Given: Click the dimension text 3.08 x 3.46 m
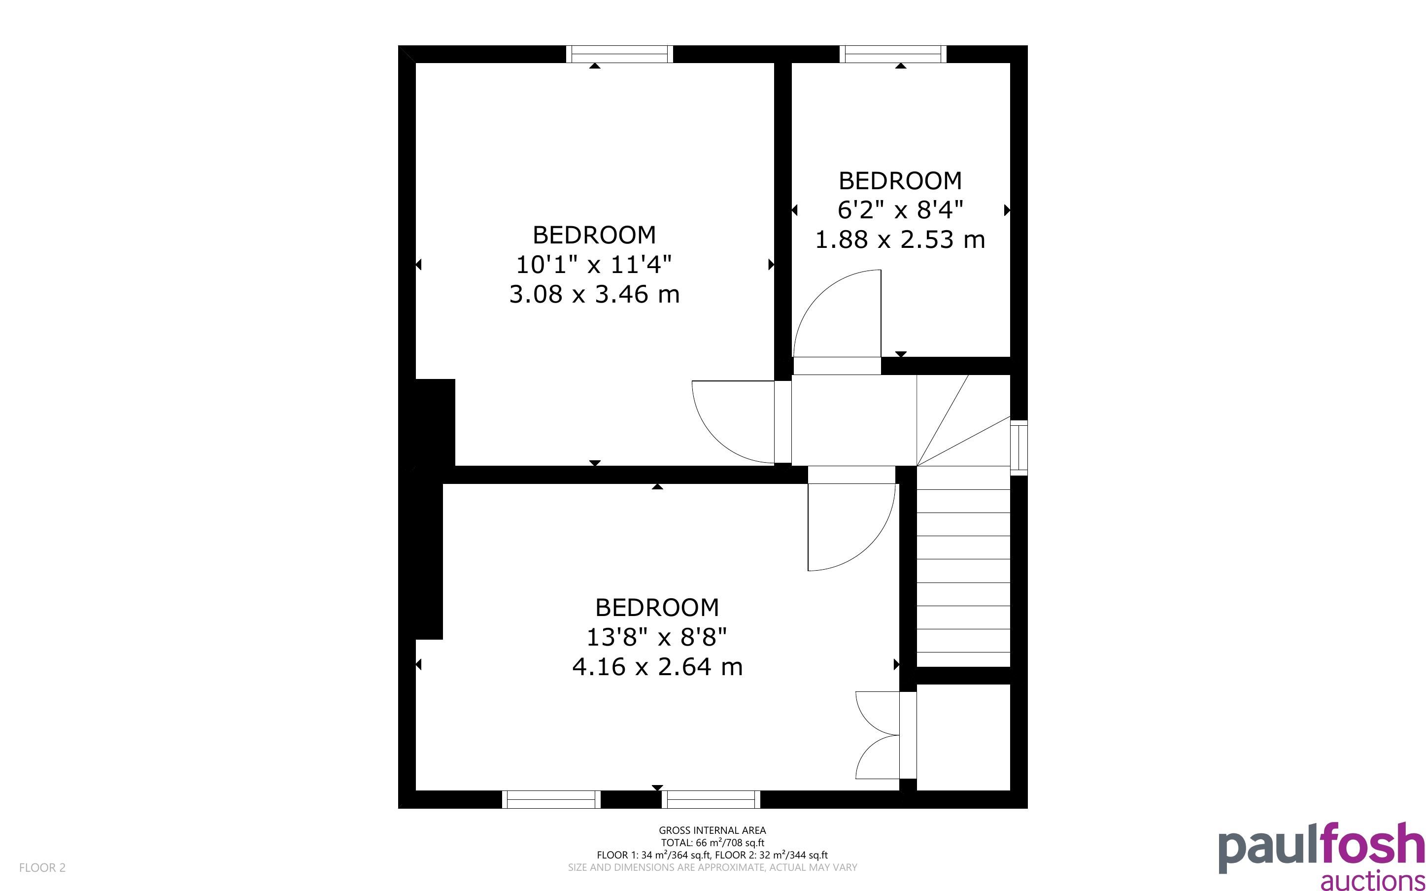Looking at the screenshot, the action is coord(594,294).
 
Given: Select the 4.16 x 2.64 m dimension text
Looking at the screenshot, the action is coord(657,666).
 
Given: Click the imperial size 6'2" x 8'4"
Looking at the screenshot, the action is coord(900,210).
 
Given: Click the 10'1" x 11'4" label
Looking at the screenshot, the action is coord(594,265).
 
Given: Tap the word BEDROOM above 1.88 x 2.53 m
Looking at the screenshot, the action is coord(900,181).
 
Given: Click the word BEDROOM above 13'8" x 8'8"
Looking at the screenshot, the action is coord(657,608).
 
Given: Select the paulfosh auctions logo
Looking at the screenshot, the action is coord(1322,856).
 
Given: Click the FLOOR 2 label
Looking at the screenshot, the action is coord(42,867).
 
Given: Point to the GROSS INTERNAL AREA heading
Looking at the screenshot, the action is coord(712,830).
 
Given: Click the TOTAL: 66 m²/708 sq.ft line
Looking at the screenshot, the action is coord(712,843).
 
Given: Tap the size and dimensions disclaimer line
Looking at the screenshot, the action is coord(712,867).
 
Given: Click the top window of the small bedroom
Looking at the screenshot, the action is coord(893,54).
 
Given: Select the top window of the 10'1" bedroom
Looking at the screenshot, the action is coord(620,54).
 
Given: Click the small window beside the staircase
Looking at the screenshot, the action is coord(1019,447).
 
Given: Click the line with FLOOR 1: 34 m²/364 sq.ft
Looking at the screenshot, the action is coord(712,855).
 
